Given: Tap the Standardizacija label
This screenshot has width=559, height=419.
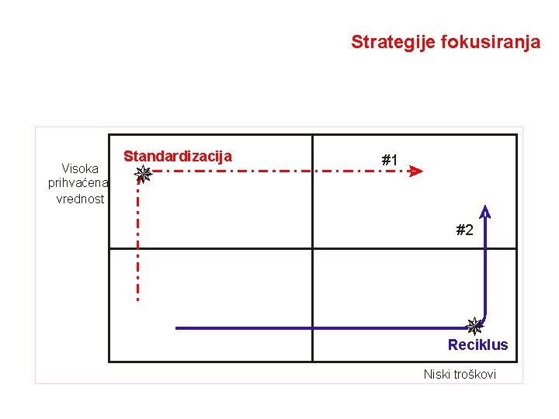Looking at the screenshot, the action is tap(178, 156).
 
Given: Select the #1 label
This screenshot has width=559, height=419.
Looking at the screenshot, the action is tap(390, 160).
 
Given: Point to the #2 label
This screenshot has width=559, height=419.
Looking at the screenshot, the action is tap(464, 230).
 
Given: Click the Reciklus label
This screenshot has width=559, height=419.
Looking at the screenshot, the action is tap(477, 345).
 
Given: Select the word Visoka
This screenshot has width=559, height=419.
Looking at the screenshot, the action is tap(80, 168).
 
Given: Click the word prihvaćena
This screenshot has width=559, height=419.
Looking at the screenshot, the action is tap(78, 183).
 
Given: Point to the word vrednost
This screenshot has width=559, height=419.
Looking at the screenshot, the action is tap(80, 199).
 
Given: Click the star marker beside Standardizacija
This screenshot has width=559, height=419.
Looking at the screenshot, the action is tap(143, 174).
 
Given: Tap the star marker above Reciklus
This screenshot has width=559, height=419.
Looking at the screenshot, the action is tap(474, 326).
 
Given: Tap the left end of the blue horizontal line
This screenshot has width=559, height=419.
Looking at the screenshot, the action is tap(178, 328).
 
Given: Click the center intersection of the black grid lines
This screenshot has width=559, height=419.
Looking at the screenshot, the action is tap(312, 248).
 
